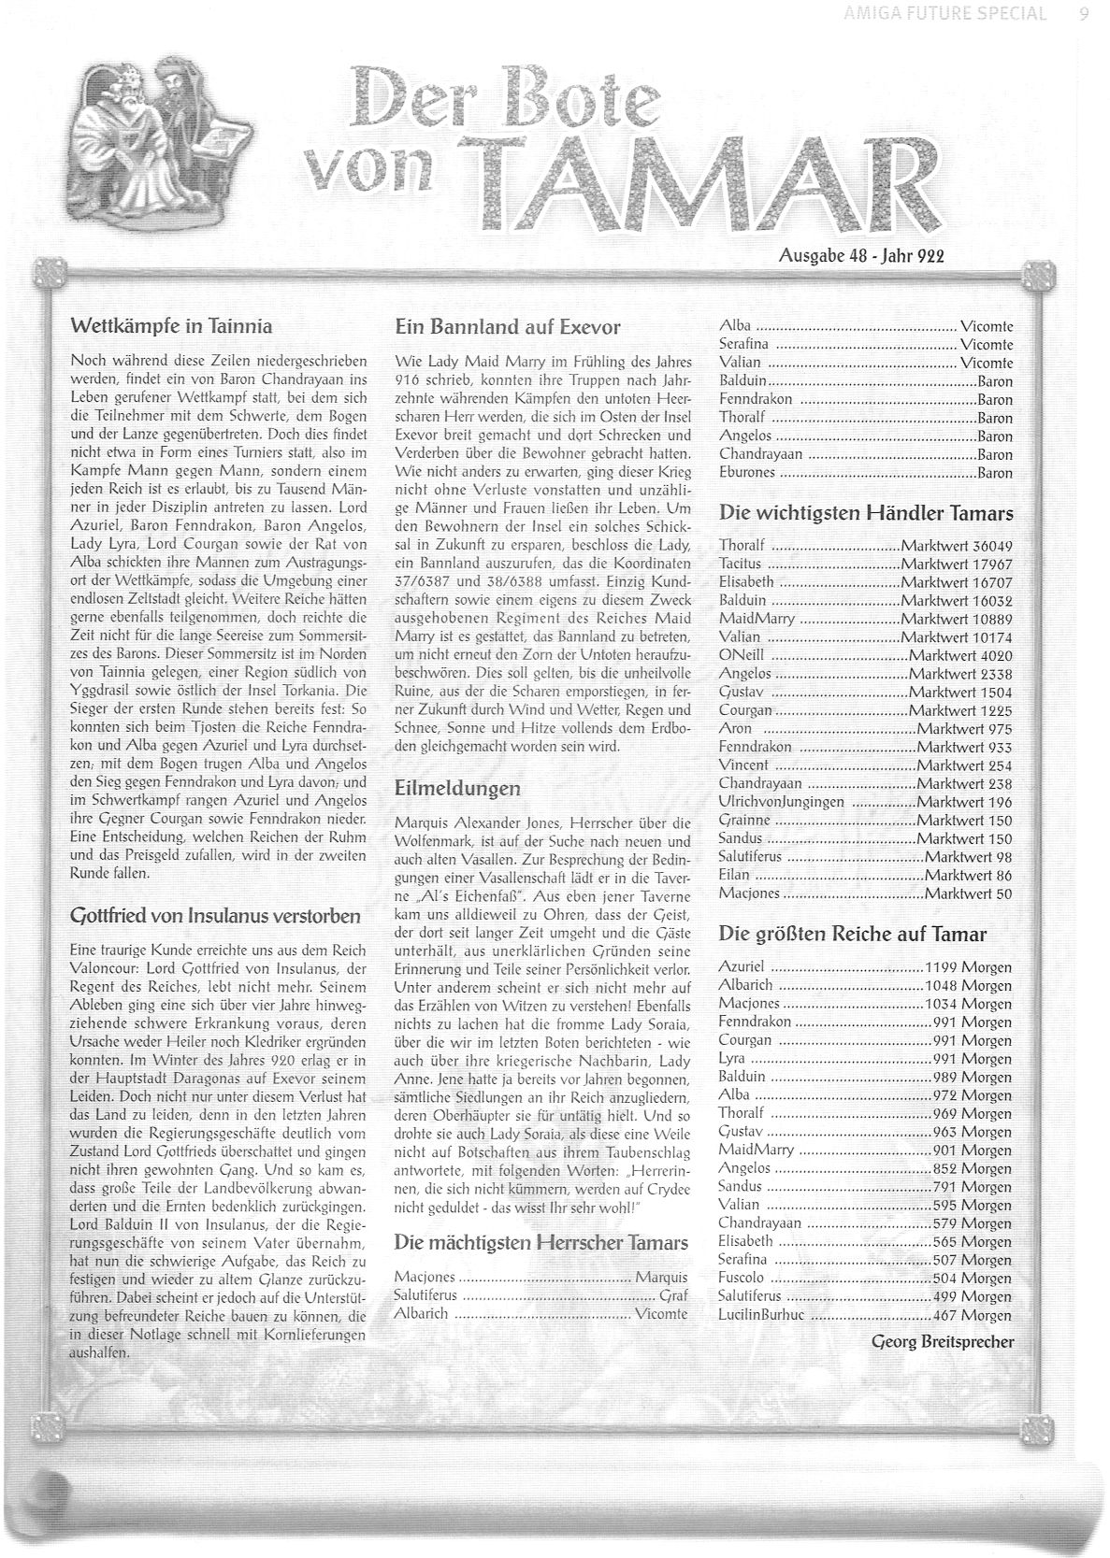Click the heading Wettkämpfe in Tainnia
[x=171, y=326]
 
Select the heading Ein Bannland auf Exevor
[x=508, y=327]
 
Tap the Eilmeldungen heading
[x=457, y=788]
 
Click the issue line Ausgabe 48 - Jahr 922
[x=861, y=255]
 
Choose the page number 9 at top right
[x=1083, y=13]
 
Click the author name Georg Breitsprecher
[x=942, y=1342]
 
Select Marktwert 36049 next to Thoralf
[x=957, y=546]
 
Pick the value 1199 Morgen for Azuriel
[x=968, y=967]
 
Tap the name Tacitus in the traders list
[x=741, y=565]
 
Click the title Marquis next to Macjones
[x=661, y=1277]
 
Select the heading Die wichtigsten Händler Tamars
[x=866, y=513]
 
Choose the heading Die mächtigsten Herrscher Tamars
[x=541, y=1243]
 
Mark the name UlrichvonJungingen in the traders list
[x=781, y=802]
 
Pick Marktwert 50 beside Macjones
[x=968, y=893]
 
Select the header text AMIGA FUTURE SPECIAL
[x=943, y=13]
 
